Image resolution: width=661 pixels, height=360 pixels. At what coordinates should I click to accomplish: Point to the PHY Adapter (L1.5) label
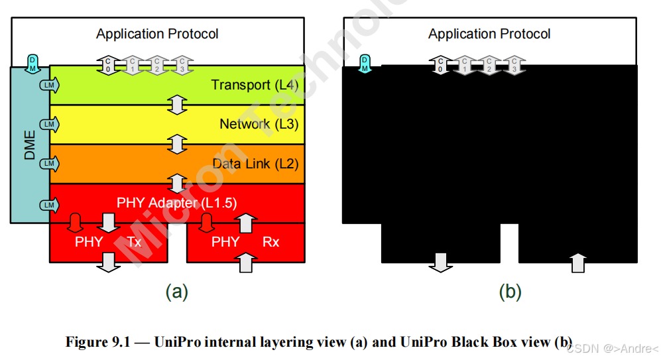click(176, 203)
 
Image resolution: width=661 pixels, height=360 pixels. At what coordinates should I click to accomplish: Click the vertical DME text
click(30, 144)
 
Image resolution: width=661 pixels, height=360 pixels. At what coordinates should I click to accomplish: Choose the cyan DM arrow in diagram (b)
click(364, 63)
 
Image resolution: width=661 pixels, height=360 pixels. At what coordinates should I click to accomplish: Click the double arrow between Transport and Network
click(177, 104)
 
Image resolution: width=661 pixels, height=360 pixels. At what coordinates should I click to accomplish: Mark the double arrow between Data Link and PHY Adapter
click(177, 183)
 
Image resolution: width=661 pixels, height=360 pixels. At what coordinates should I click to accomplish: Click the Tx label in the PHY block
click(134, 242)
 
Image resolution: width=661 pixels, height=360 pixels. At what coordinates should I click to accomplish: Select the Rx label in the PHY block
click(270, 242)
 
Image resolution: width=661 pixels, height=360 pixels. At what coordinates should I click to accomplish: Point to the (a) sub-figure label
click(176, 292)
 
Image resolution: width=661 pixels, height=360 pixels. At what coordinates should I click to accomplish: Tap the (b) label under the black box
click(509, 292)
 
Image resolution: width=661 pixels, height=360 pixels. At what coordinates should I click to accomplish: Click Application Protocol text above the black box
click(489, 34)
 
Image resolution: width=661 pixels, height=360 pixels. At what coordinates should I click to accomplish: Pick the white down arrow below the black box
click(439, 263)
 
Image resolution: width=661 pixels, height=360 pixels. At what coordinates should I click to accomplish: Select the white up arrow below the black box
click(578, 263)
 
